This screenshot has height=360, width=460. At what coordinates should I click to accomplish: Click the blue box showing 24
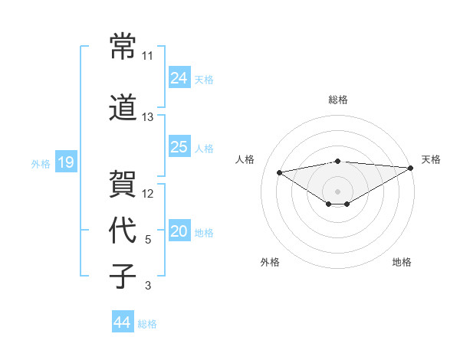coord(179,78)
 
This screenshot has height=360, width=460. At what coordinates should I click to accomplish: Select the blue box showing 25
coord(179,147)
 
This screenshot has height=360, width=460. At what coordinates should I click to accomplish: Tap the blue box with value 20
coord(179,232)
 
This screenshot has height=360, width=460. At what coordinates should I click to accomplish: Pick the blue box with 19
coord(65,162)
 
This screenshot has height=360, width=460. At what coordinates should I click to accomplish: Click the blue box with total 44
coord(122,322)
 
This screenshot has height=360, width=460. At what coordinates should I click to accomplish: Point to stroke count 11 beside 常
coord(147,56)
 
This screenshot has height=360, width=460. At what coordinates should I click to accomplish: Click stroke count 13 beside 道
coord(147,117)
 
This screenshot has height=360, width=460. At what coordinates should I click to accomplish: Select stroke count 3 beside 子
coord(147,286)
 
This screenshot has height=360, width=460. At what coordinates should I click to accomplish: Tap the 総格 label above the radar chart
coord(337,100)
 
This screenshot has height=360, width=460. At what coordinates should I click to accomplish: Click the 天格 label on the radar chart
coord(431,159)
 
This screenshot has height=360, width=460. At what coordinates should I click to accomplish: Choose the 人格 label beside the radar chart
coord(245,159)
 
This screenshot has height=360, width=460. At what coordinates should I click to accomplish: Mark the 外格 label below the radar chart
coord(270,262)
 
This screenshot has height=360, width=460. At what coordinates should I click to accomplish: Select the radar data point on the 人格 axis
coord(280,172)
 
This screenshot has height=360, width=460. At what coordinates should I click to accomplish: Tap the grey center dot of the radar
coord(337,190)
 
